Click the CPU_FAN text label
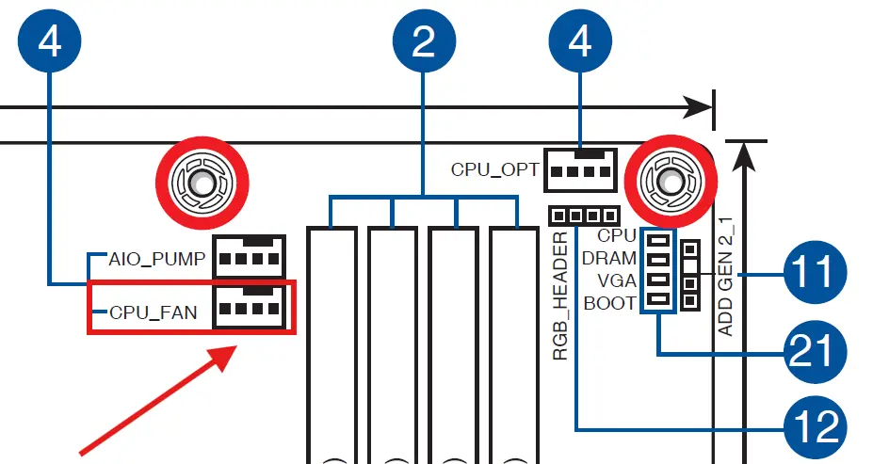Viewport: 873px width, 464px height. [x=154, y=312]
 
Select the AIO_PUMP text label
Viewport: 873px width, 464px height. [x=157, y=259]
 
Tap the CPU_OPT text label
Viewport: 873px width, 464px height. [x=495, y=169]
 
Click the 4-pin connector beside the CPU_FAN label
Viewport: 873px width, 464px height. [x=250, y=308]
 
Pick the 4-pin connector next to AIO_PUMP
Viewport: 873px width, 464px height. [x=250, y=256]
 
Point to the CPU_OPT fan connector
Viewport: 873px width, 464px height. [x=580, y=169]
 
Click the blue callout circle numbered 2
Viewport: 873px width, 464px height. [x=424, y=40]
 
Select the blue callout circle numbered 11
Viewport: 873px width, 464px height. [x=816, y=273]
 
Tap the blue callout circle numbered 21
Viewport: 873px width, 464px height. [x=816, y=352]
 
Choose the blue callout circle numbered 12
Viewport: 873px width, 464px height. [x=816, y=428]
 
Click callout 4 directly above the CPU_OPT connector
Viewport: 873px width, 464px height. [x=580, y=40]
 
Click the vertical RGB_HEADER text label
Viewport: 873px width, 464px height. [x=560, y=296]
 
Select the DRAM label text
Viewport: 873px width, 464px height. [x=608, y=259]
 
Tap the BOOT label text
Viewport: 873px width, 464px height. [x=609, y=304]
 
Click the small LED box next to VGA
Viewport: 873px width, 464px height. [x=658, y=280]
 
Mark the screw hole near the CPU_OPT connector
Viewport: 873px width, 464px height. [x=671, y=182]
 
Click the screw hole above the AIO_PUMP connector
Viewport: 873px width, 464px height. [x=202, y=183]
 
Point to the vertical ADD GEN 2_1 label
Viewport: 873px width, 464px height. [x=725, y=277]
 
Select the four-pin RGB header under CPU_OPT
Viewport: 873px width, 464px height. [x=584, y=216]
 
